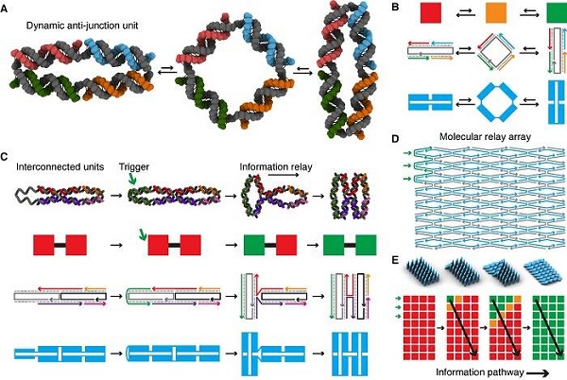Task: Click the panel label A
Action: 9,7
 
